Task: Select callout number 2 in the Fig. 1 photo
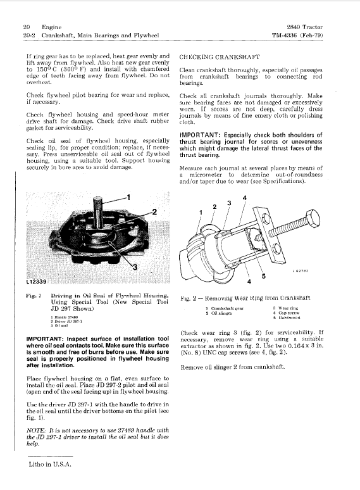pyautogui.click(x=152, y=211)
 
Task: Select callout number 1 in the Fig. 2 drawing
pyautogui.click(x=201, y=211)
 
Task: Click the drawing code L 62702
pyautogui.click(x=305, y=271)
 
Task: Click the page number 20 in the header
pyautogui.click(x=26, y=27)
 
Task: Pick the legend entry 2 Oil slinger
pyautogui.click(x=219, y=313)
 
